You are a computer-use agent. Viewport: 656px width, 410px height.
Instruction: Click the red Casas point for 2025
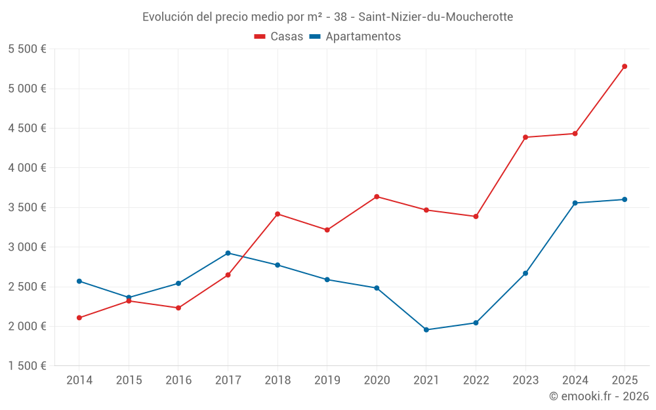click(x=625, y=66)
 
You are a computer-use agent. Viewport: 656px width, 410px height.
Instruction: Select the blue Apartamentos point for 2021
click(x=426, y=330)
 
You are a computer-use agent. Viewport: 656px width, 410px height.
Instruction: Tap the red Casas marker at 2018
click(x=277, y=214)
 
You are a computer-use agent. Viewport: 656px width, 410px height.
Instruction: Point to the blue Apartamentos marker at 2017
click(x=228, y=253)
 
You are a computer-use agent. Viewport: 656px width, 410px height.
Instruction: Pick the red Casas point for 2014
click(x=79, y=318)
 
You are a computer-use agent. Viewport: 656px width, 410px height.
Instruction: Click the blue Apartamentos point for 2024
click(x=575, y=203)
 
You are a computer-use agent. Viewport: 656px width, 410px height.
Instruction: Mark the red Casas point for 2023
click(x=525, y=137)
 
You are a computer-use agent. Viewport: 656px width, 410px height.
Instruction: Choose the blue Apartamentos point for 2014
click(x=79, y=281)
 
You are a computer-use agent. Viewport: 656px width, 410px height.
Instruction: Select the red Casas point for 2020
click(x=377, y=197)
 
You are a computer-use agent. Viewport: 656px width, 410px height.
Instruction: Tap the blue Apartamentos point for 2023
click(x=525, y=273)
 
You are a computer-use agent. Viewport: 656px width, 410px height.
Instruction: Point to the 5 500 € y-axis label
click(x=27, y=49)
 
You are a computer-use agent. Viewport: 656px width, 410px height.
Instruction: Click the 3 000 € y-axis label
click(x=27, y=247)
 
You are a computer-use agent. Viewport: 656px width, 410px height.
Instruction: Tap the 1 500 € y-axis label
click(x=27, y=366)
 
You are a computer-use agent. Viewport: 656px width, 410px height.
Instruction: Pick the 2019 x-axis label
click(x=327, y=380)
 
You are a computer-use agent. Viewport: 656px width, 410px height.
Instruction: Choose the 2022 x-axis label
click(x=476, y=380)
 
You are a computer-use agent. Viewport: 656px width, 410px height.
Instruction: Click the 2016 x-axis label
click(x=178, y=380)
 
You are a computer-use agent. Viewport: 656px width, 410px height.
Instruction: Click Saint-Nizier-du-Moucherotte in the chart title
click(x=436, y=17)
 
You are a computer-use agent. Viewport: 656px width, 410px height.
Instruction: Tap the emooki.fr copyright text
click(x=599, y=396)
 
